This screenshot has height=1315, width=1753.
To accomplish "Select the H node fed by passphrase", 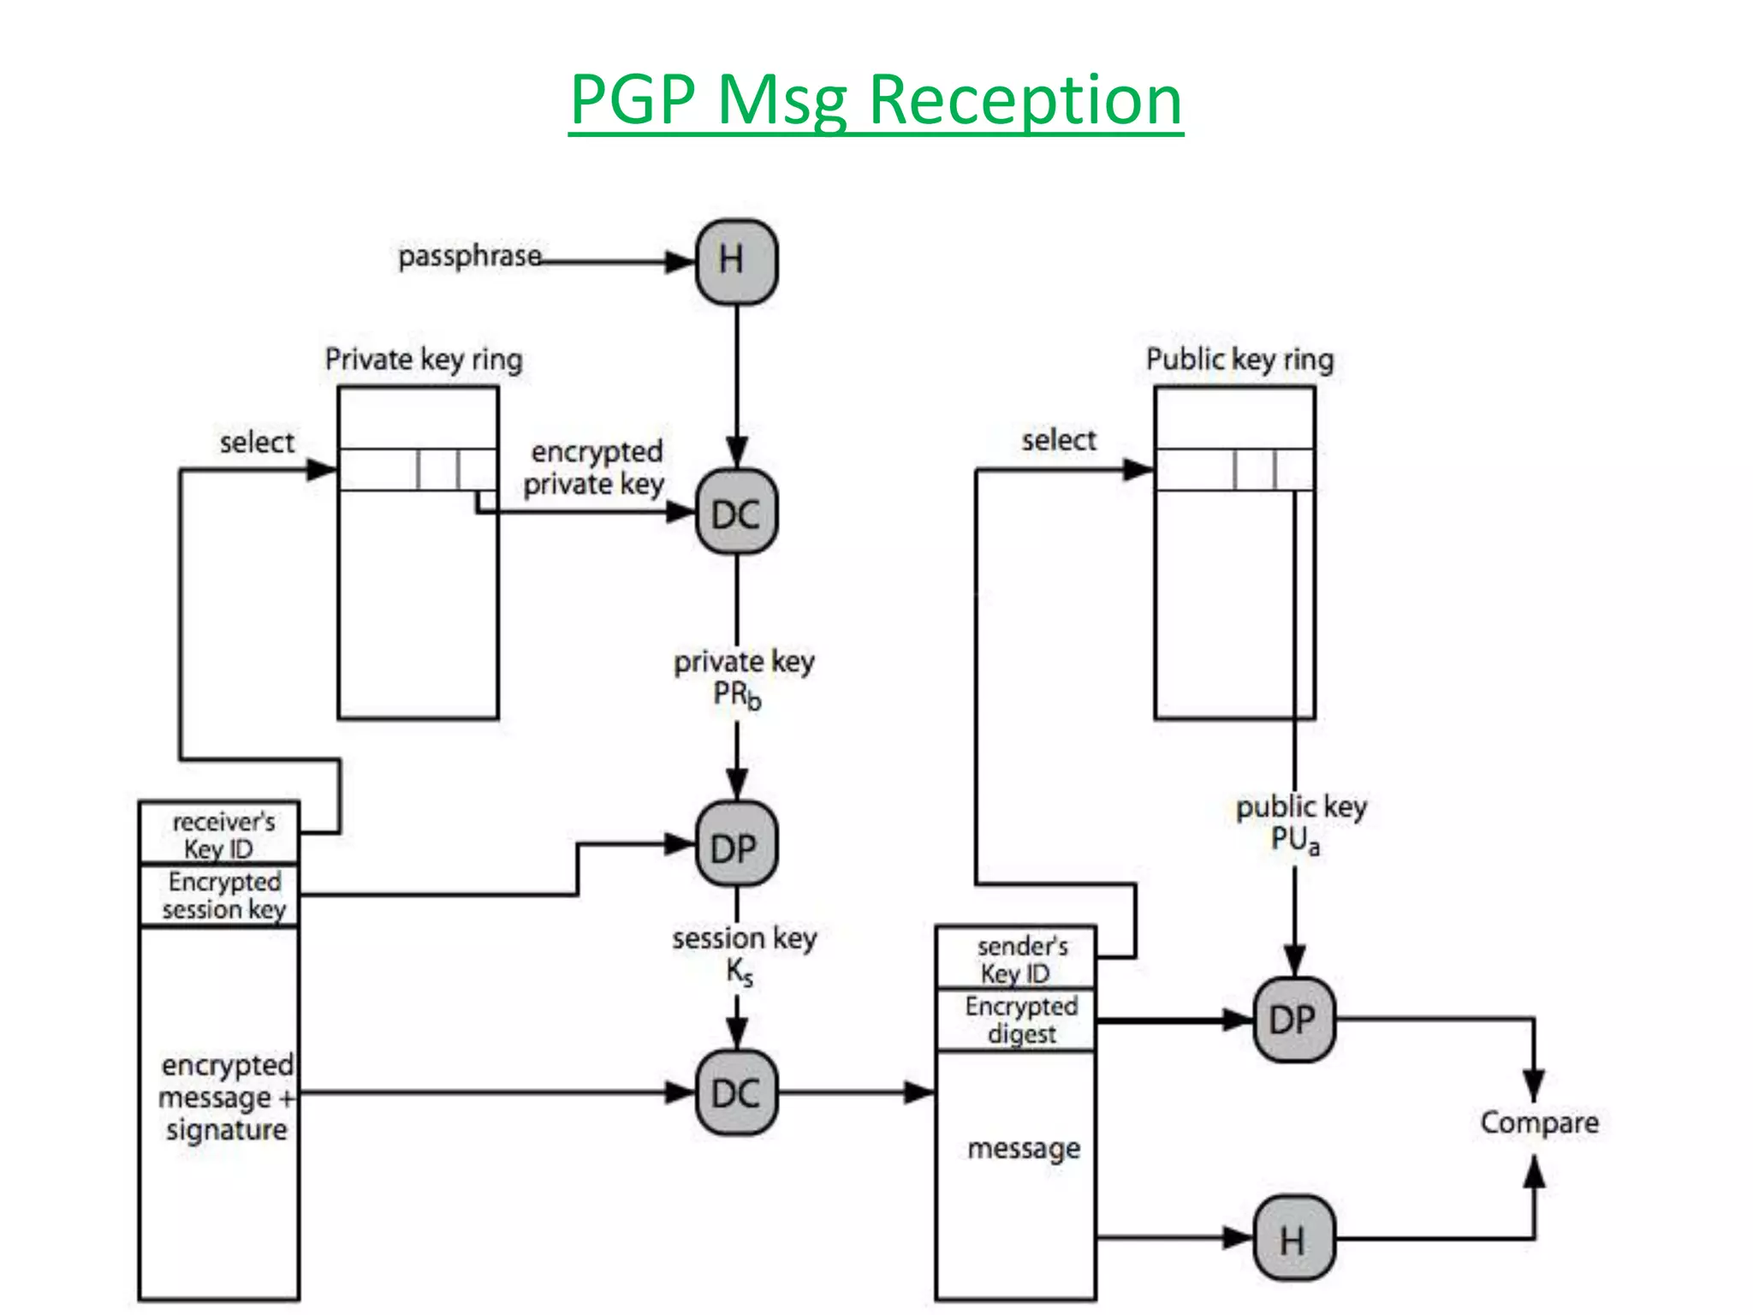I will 736,261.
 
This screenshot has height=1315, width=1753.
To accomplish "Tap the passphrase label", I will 469,256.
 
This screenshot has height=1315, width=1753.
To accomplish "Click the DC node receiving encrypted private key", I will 736,514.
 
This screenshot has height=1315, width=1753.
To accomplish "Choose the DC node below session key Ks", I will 736,1093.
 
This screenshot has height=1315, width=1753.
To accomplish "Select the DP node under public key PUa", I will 1293,1020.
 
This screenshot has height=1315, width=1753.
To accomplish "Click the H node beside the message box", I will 1293,1239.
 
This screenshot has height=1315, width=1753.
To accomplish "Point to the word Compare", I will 1539,1122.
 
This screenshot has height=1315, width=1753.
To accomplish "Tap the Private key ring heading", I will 424,359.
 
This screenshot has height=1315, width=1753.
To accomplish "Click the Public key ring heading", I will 1239,359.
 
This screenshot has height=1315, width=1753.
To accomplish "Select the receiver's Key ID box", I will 219,834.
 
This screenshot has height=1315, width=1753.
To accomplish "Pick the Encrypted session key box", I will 219,896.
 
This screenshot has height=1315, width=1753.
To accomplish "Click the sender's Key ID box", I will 1016,959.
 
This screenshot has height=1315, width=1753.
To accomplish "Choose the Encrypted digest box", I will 1016,1020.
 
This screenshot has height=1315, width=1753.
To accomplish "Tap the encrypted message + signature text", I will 226,1097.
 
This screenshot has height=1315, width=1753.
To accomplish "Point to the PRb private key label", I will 743,678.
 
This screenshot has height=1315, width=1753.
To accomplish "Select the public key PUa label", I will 1299,823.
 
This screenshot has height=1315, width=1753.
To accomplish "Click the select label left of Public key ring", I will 1058,440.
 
